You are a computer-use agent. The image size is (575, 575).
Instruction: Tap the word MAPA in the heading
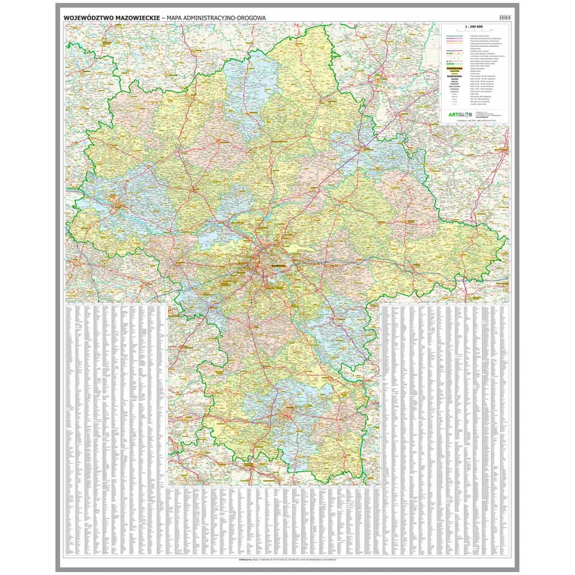[179, 17]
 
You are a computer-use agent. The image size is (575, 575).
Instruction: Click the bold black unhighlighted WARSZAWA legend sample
[455, 76]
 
